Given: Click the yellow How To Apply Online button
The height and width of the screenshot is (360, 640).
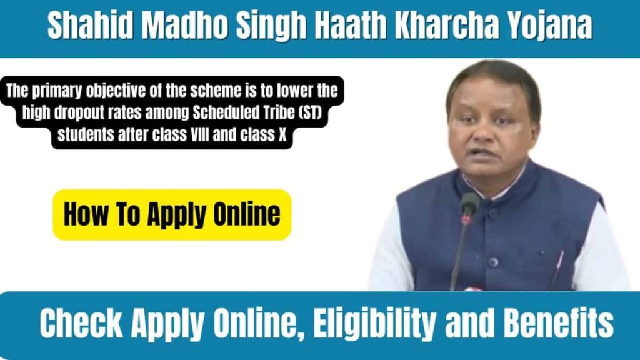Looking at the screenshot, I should point(172,215).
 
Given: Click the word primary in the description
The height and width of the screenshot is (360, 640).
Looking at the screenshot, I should point(57,92).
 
